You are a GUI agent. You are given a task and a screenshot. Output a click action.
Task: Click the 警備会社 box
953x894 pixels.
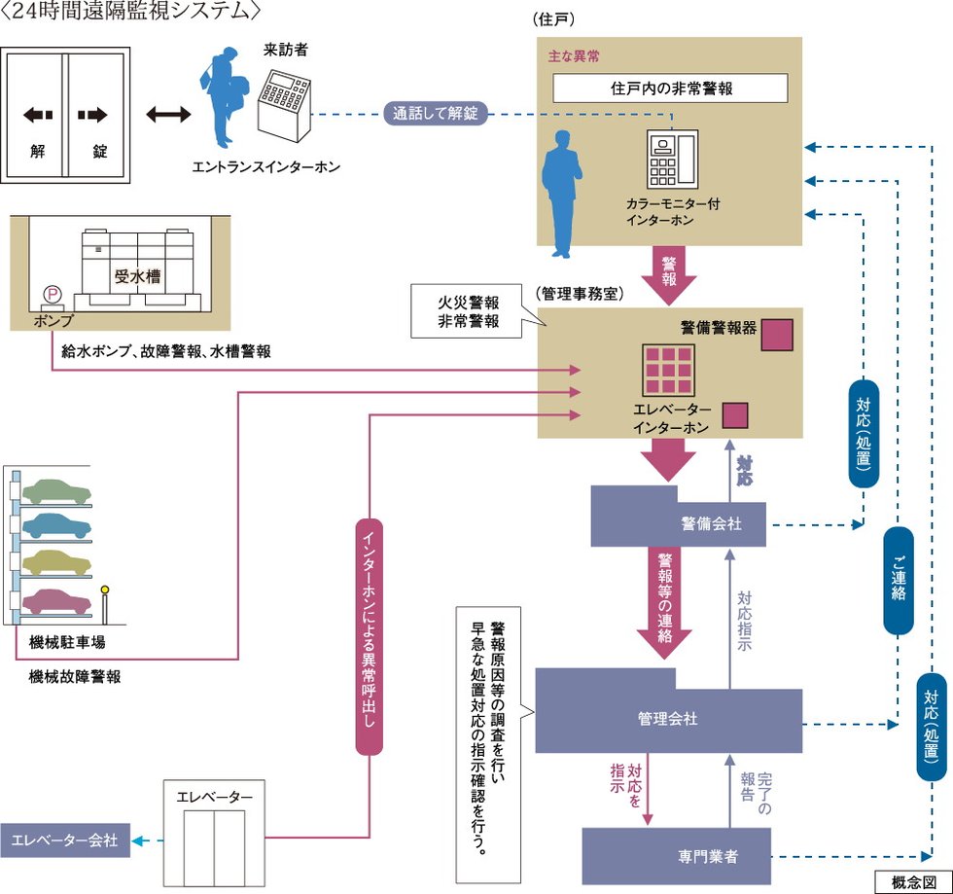tap(678, 524)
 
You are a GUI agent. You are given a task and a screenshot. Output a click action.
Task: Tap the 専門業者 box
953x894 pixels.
tap(676, 856)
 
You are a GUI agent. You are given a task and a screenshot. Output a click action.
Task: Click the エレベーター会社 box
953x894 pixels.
tap(64, 840)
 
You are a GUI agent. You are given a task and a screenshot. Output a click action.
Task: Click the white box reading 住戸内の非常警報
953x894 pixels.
tap(670, 88)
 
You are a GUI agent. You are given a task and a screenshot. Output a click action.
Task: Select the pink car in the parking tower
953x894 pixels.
tap(56, 600)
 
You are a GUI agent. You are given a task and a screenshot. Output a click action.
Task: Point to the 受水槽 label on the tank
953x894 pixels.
tap(137, 277)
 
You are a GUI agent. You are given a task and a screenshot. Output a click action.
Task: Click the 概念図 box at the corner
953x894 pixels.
tap(912, 881)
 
